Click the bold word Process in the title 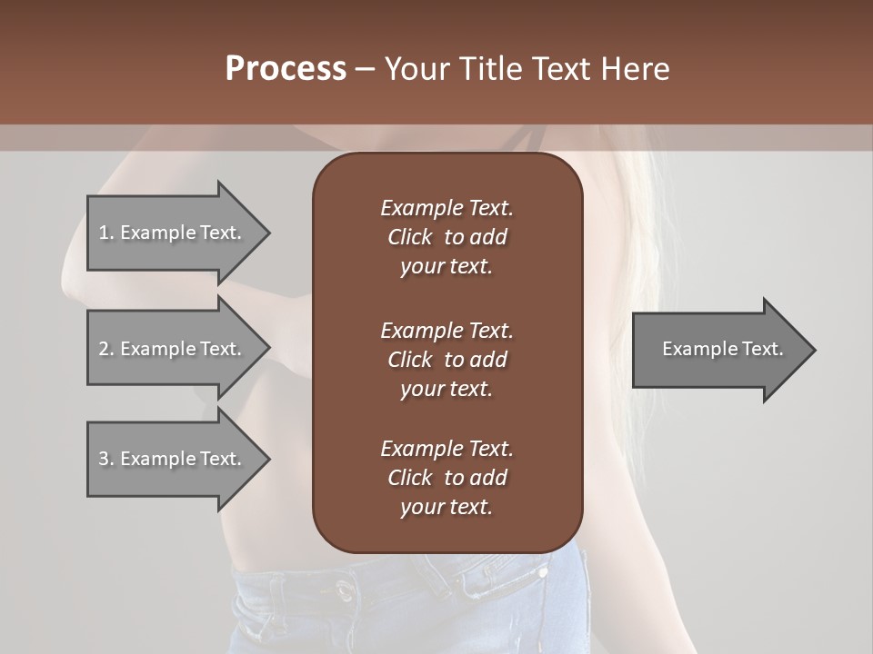click(286, 69)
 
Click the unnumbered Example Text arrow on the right click(723, 349)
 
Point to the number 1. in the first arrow click(106, 233)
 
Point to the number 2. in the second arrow click(106, 349)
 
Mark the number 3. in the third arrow click(106, 459)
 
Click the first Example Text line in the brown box click(447, 208)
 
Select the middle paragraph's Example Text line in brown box click(447, 330)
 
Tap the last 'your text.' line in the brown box click(447, 508)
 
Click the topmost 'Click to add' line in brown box click(447, 237)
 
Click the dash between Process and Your click(366, 69)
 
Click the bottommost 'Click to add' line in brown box click(447, 478)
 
